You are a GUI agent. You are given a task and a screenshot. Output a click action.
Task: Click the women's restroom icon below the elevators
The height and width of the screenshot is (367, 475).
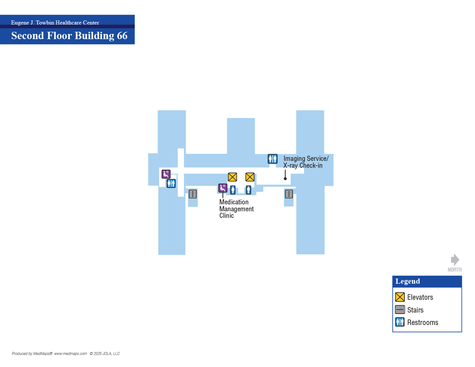tap(233, 190)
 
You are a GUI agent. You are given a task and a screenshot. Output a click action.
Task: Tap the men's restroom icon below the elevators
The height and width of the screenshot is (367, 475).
tap(248, 190)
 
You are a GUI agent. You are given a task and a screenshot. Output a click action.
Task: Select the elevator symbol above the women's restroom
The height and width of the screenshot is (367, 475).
tap(232, 177)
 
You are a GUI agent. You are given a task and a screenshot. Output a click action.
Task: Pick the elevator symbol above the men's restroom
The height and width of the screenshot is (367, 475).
tap(250, 177)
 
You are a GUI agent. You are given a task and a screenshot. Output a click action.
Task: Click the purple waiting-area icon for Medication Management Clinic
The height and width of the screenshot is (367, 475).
tap(223, 188)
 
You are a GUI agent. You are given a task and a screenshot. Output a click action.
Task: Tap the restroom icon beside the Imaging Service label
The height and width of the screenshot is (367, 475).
tap(272, 159)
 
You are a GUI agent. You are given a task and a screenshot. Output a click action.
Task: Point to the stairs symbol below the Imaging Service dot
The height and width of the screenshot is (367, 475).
tap(289, 194)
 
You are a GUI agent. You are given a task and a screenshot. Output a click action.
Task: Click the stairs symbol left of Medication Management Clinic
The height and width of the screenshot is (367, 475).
tap(193, 194)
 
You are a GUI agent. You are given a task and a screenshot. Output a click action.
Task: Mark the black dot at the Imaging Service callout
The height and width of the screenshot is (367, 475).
tap(285, 179)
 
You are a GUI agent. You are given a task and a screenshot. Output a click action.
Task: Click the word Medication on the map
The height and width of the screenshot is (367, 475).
tap(234, 202)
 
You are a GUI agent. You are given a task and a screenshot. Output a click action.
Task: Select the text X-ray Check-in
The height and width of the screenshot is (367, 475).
tap(303, 165)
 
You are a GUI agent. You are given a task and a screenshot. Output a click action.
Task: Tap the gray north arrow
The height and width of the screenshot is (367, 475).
tap(455, 260)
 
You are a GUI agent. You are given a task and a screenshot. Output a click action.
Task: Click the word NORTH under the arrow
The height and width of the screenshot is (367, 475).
tap(455, 269)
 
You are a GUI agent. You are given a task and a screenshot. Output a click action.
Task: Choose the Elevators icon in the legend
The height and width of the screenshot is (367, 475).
tap(400, 297)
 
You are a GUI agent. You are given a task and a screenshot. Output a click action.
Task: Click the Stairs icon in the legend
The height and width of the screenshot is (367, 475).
tap(400, 310)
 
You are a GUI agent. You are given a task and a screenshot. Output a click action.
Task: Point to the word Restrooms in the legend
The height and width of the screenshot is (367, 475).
tap(423, 322)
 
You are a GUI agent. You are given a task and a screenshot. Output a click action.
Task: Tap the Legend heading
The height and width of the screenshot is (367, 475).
tap(407, 281)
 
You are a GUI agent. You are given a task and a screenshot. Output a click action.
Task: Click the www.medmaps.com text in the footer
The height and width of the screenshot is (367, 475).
tap(70, 353)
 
